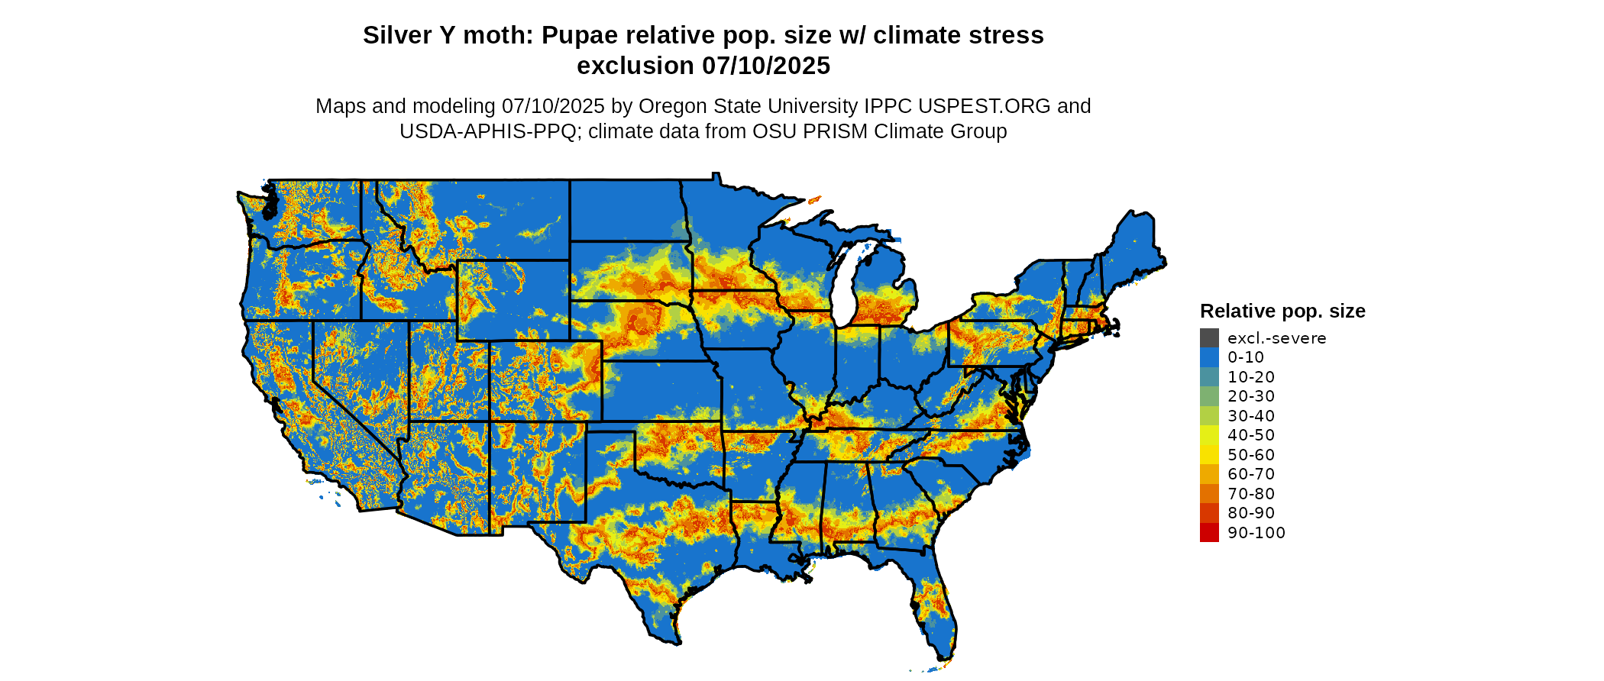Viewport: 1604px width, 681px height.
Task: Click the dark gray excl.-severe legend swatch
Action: pyautogui.click(x=1209, y=337)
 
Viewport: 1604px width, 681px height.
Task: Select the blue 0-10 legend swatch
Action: pyautogui.click(x=1209, y=357)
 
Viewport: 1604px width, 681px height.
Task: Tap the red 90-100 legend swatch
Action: pyautogui.click(x=1209, y=533)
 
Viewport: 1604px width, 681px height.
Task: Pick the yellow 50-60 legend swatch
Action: pyautogui.click(x=1209, y=455)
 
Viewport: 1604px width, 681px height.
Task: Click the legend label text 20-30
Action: pyautogui.click(x=1251, y=396)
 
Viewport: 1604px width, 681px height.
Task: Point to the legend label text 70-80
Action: pyautogui.click(x=1251, y=494)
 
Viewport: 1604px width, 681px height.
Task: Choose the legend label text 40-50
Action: pyautogui.click(x=1251, y=435)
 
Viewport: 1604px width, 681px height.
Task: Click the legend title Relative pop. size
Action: pyautogui.click(x=1282, y=311)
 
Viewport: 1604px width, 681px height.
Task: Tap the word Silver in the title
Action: pyautogui.click(x=397, y=36)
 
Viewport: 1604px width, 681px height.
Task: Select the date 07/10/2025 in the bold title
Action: pyautogui.click(x=766, y=66)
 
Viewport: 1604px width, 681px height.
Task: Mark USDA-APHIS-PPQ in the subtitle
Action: pyautogui.click(x=487, y=132)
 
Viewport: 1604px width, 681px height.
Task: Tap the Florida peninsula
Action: pyautogui.click(x=936, y=603)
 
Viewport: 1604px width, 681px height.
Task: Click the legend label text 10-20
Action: pyautogui.click(x=1251, y=377)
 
